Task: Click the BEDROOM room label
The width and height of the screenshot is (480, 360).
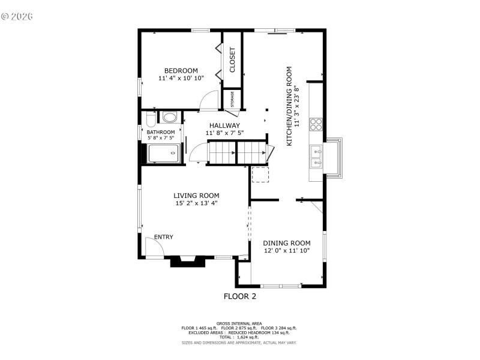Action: click(181, 70)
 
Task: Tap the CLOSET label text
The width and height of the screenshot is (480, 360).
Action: click(232, 59)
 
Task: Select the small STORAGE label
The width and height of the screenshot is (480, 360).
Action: click(232, 99)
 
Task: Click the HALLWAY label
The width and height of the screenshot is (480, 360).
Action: click(224, 125)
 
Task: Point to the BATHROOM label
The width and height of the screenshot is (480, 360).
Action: click(161, 132)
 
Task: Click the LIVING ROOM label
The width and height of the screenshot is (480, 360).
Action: click(196, 195)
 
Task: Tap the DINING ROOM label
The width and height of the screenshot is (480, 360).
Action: click(287, 243)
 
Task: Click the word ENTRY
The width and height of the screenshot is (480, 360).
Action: click(164, 237)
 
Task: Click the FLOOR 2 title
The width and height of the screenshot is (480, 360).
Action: click(240, 296)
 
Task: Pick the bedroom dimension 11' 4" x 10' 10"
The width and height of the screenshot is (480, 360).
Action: click(181, 78)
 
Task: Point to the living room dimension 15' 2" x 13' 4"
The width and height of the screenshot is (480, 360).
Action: click(196, 203)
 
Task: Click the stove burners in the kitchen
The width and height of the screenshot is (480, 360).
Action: click(316, 125)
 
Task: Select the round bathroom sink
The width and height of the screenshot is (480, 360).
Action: click(170, 117)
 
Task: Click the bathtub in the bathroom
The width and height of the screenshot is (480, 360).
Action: click(163, 153)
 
